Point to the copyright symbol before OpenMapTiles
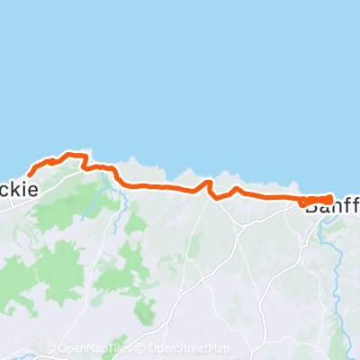pos(50,348)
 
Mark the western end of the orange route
pos(31,174)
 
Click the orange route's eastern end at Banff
pos(330,199)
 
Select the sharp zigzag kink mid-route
pos(211,188)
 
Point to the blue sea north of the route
pos(180,72)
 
